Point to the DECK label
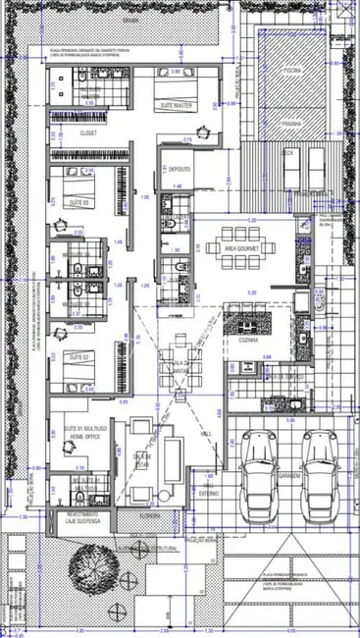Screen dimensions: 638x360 [x=288, y=152]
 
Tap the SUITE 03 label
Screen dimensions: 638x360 [x=79, y=200]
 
